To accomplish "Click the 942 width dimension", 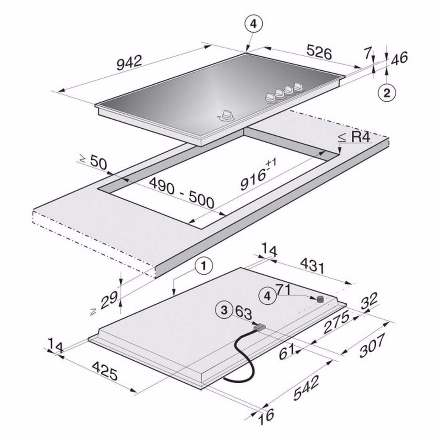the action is (x=129, y=63).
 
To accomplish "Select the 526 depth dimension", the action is (x=319, y=52).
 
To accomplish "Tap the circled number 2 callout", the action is (x=387, y=93).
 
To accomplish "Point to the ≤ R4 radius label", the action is (x=354, y=137).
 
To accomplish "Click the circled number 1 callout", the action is (x=203, y=266).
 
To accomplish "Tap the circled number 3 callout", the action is (x=224, y=310).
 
